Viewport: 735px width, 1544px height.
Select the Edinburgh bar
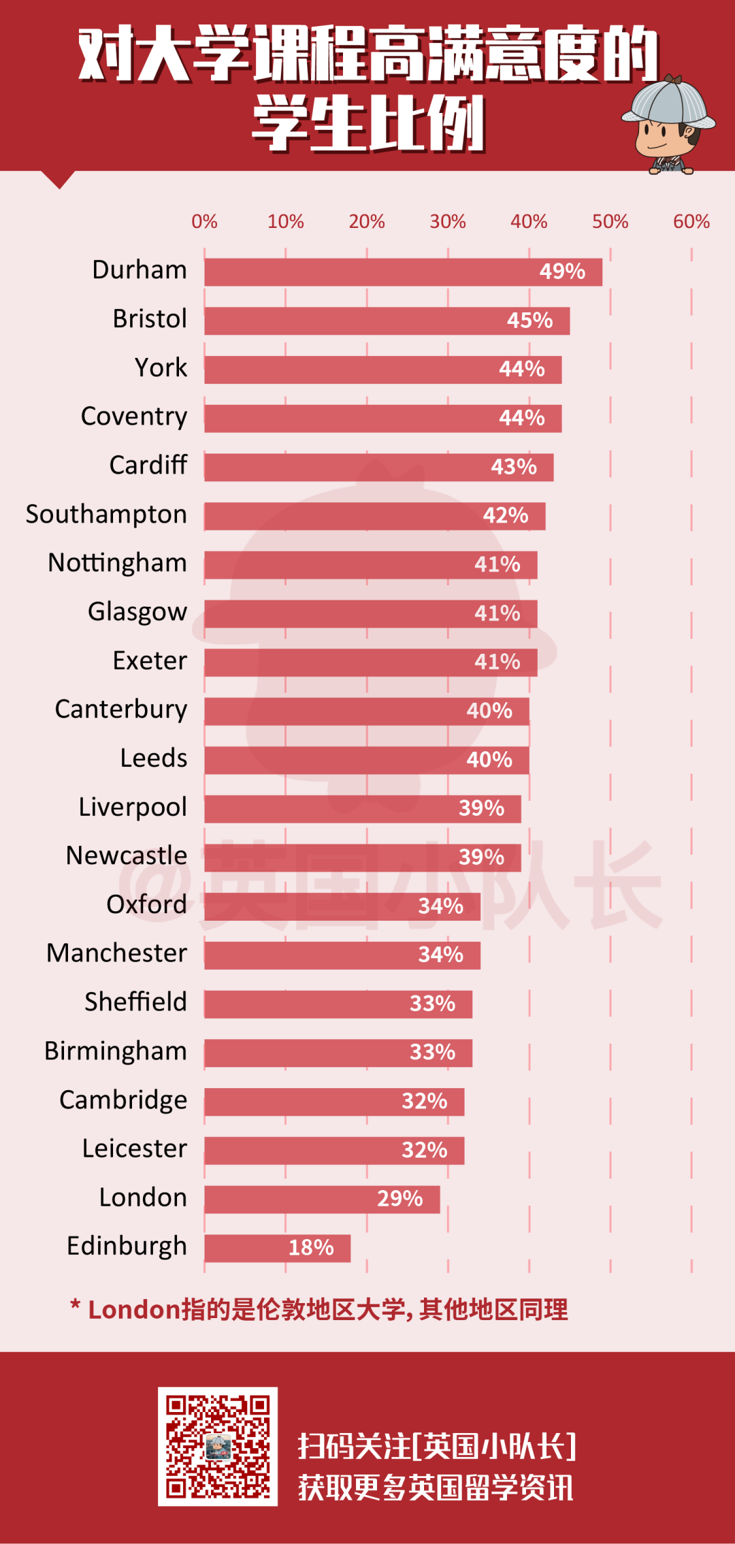[x=277, y=1248]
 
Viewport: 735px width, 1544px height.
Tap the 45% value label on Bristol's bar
[x=529, y=321]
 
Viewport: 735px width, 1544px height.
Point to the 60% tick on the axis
[x=691, y=222]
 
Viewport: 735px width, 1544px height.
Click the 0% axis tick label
[x=204, y=222]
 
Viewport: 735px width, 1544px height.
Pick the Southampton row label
[x=106, y=514]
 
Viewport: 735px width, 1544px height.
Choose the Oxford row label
[x=146, y=904]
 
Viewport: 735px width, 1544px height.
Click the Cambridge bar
[x=333, y=1102]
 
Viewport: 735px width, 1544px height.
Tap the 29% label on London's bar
[x=400, y=1199]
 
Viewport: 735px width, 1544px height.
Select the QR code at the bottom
[x=218, y=1446]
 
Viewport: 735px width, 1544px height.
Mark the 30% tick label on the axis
[x=448, y=222]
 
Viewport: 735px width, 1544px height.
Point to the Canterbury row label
[x=121, y=710]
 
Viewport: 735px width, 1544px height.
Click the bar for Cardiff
[x=378, y=467]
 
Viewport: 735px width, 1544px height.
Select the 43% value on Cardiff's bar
[x=514, y=467]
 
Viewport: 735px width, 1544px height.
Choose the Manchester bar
[x=342, y=955]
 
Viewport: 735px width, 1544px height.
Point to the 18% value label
[x=311, y=1248]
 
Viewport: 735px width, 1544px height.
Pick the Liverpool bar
[x=362, y=809]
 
